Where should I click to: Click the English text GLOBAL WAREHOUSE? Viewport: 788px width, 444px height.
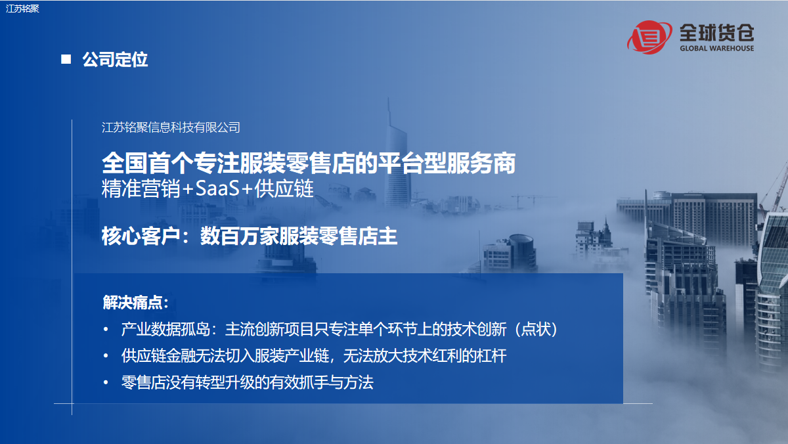[716, 49]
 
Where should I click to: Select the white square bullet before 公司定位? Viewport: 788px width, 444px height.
[66, 60]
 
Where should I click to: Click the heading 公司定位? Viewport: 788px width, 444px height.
[115, 60]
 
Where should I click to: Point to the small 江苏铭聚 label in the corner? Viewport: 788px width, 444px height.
[22, 8]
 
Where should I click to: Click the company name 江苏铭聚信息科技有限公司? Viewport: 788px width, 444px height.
[171, 127]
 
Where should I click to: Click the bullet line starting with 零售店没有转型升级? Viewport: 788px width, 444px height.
[247, 382]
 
